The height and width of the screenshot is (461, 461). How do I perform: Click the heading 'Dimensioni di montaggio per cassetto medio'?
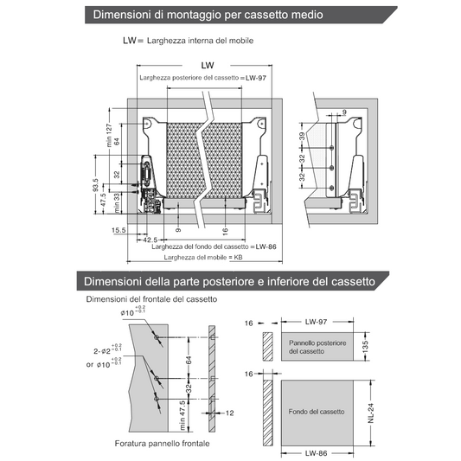[208, 15]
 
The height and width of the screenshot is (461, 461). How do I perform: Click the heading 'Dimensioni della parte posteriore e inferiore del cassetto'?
[229, 281]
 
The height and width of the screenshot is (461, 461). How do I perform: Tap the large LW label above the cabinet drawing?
[208, 65]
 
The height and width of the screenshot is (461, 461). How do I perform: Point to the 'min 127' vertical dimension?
[109, 135]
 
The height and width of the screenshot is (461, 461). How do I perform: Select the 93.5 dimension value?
[95, 185]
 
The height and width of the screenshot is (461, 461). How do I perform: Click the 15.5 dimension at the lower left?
[118, 230]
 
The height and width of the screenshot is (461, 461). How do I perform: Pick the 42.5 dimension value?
[150, 240]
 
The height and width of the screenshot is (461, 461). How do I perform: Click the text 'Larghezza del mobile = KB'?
[203, 257]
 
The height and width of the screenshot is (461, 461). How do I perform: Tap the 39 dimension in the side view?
[302, 137]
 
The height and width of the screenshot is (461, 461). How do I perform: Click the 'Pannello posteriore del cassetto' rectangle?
[317, 347]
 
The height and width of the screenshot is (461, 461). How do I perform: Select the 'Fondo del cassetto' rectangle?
[317, 413]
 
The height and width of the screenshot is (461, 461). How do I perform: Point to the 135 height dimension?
[366, 347]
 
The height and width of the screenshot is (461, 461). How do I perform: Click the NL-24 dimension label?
[371, 413]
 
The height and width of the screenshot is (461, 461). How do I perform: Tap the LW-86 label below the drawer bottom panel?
[316, 453]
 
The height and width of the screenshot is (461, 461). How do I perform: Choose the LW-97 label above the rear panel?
[316, 322]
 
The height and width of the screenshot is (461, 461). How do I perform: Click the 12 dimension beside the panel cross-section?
[229, 413]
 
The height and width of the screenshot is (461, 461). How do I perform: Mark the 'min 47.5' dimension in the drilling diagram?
[182, 415]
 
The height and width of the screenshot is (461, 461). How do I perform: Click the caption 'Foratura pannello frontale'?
[163, 444]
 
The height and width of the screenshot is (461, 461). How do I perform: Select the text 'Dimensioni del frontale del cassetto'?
[151, 299]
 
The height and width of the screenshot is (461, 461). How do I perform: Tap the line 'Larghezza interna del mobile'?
[200, 41]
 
